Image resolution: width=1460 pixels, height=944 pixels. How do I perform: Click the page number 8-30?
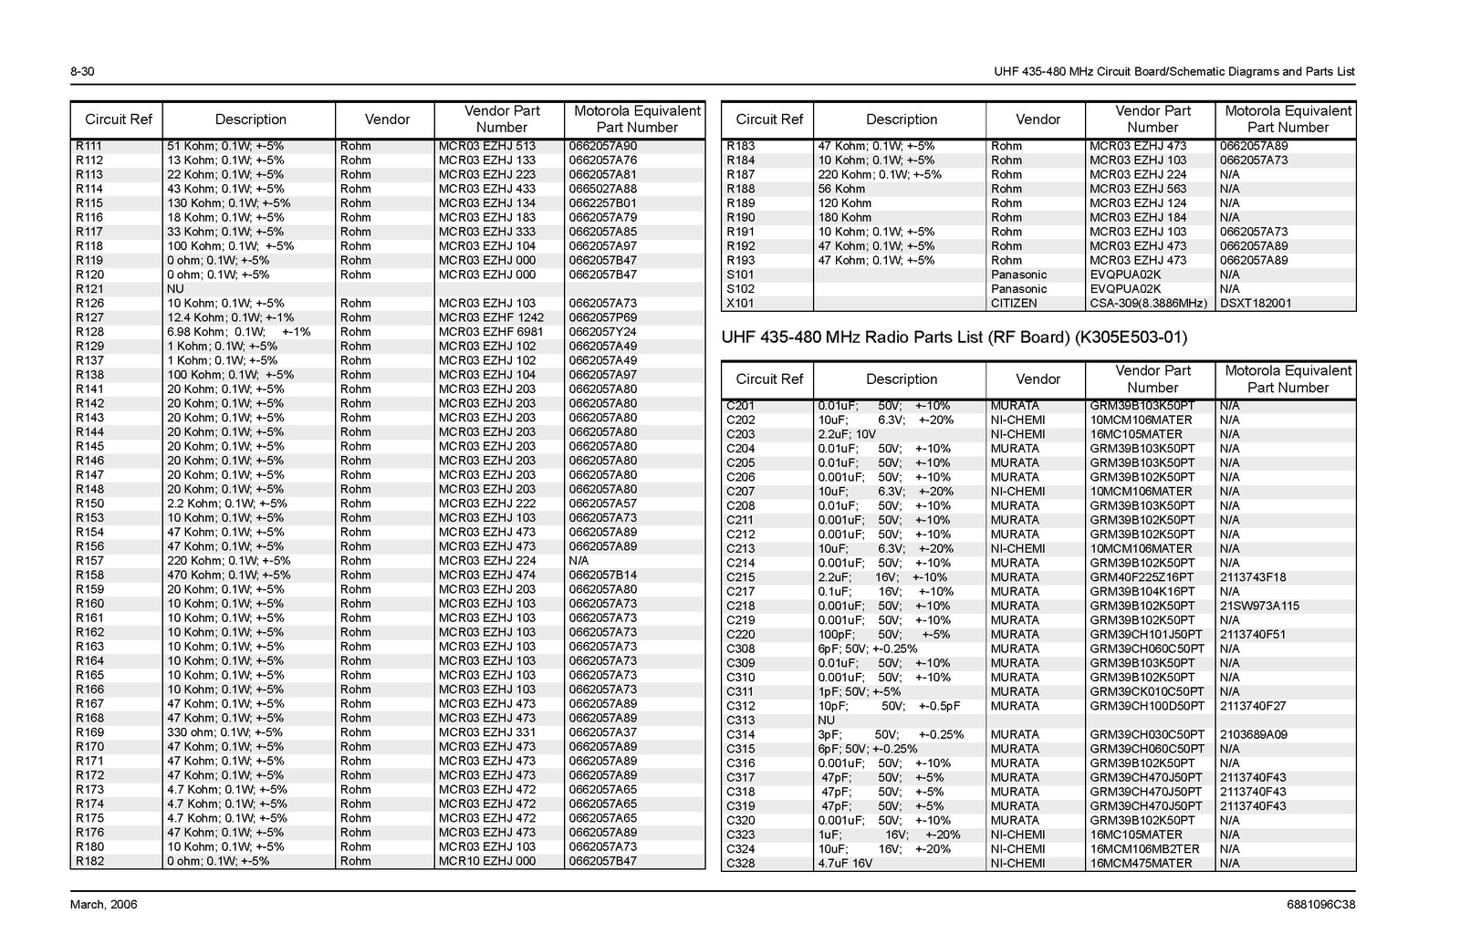coord(82,72)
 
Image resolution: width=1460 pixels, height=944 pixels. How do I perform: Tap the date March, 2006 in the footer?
coord(104,905)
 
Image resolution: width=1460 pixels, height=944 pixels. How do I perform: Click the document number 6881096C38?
coord(1320,905)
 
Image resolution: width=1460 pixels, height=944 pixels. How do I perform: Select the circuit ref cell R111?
coord(89,146)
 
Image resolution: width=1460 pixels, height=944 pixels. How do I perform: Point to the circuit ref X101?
coord(741,304)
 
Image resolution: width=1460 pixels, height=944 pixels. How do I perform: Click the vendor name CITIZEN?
coord(1014,304)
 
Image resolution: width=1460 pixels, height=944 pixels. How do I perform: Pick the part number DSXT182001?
coord(1256,304)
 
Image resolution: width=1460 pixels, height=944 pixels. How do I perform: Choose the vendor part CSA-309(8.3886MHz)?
coord(1148,304)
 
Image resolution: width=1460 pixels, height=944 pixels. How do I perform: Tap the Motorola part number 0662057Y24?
coord(603,332)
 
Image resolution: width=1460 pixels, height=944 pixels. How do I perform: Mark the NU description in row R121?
coord(175,289)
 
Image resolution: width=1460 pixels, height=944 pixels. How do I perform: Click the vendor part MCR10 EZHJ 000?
coord(487,861)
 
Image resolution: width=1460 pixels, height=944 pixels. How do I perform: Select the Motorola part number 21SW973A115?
coord(1259,606)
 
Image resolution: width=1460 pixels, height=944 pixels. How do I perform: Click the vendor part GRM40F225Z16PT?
coord(1142,577)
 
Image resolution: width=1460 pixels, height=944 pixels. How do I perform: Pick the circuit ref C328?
coord(741,863)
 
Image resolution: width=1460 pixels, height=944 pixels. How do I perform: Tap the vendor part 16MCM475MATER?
coord(1141,863)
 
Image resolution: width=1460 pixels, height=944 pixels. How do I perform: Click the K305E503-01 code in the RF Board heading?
coord(1131,337)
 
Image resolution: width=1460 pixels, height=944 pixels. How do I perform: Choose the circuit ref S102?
coord(740,289)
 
